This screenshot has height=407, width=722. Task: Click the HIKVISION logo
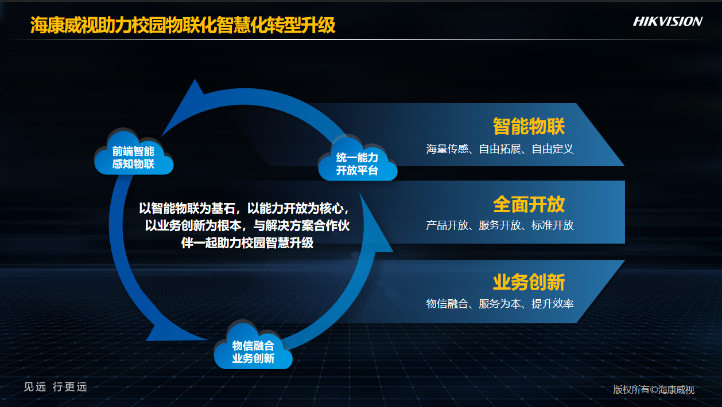pyautogui.click(x=667, y=22)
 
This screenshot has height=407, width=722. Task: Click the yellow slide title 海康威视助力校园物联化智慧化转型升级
pyautogui.click(x=183, y=25)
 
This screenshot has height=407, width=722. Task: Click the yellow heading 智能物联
pyautogui.click(x=529, y=126)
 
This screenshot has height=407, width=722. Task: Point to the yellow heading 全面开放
pyautogui.click(x=529, y=204)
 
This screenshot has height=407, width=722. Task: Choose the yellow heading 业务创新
pyautogui.click(x=529, y=283)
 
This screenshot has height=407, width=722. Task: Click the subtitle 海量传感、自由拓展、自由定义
pyautogui.click(x=499, y=149)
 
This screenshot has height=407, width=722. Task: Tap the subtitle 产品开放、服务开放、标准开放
pyautogui.click(x=499, y=225)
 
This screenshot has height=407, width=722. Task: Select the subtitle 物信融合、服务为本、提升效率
pyautogui.click(x=499, y=303)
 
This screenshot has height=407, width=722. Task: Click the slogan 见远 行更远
pyautogui.click(x=56, y=387)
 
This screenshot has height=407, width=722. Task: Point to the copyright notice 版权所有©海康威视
pyautogui.click(x=654, y=390)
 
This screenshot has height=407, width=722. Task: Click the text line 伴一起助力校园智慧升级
pyautogui.click(x=247, y=243)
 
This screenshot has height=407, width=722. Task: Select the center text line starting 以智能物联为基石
pyautogui.click(x=244, y=208)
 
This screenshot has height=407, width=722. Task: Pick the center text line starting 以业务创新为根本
pyautogui.click(x=247, y=225)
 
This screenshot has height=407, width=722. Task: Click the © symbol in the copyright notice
pyautogui.click(x=654, y=390)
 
